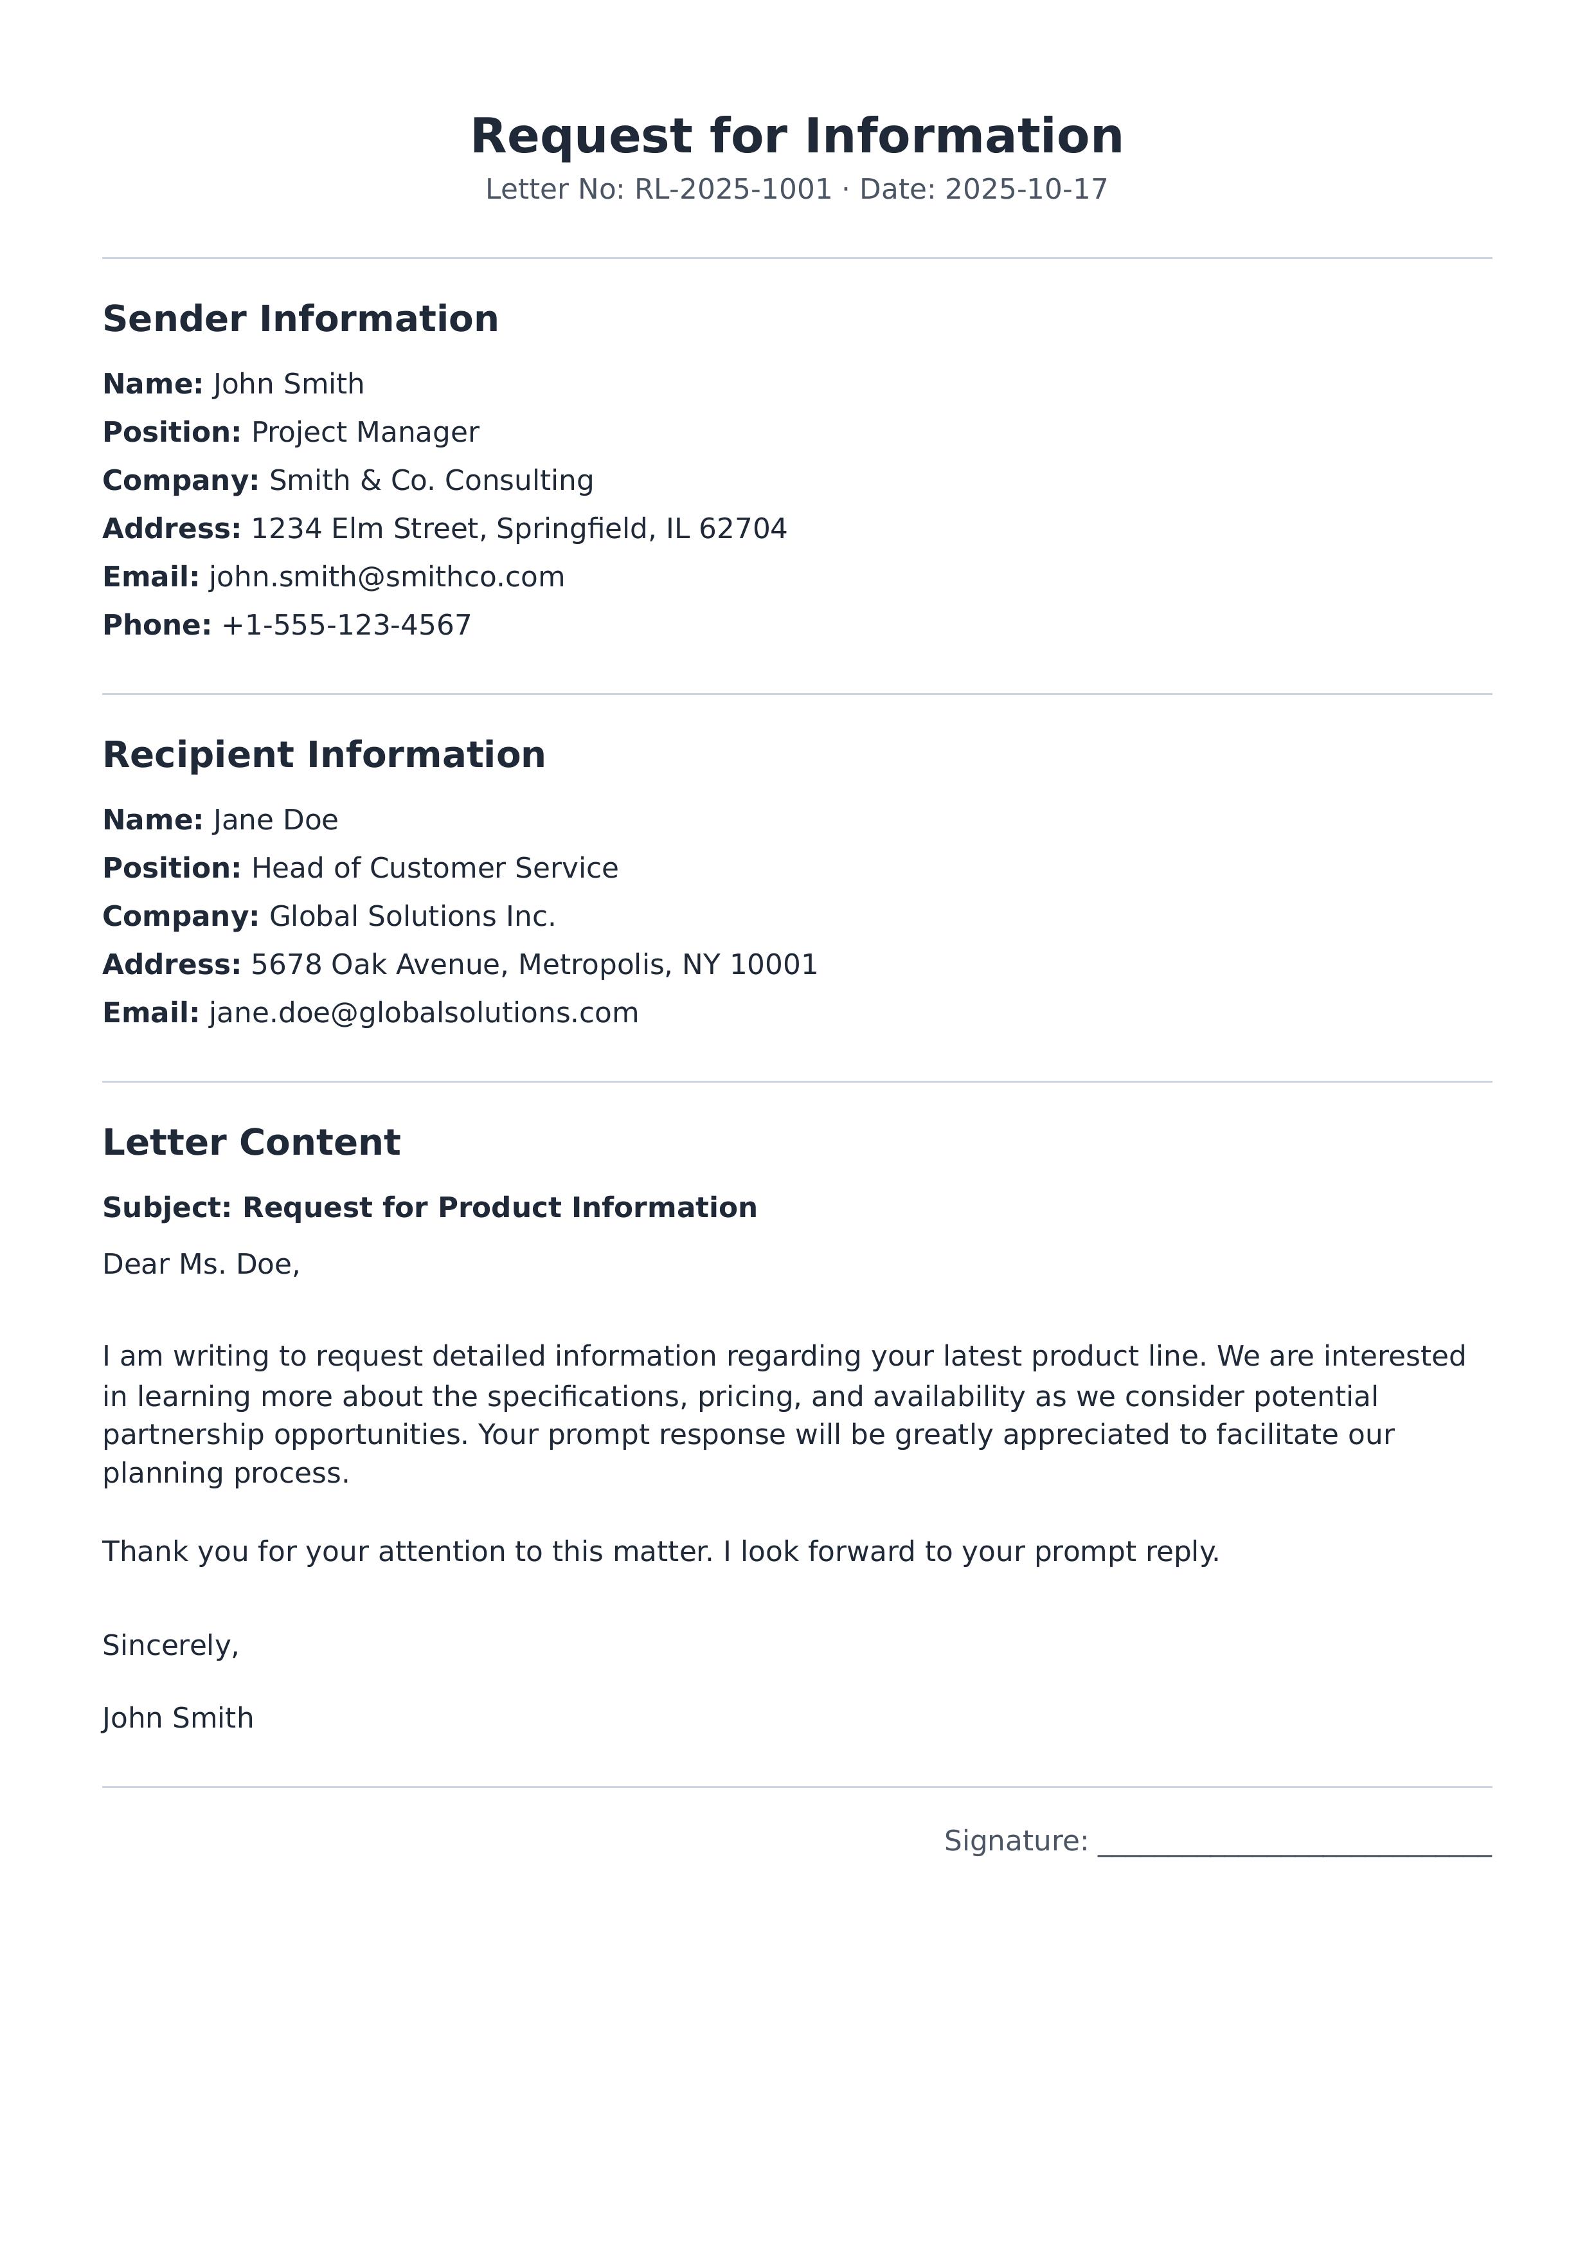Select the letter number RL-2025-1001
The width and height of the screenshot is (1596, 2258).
coord(733,190)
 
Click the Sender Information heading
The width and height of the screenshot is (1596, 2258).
coord(300,320)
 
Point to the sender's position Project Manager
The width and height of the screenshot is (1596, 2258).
coord(365,433)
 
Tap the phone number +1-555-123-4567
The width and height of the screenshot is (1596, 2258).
coord(346,626)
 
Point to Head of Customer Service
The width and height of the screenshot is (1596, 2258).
coord(435,869)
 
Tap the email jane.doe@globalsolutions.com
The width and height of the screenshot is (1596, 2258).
coord(424,1013)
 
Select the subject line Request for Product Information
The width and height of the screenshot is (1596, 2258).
coord(499,1207)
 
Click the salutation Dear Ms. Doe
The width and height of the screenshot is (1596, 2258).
coord(201,1265)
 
